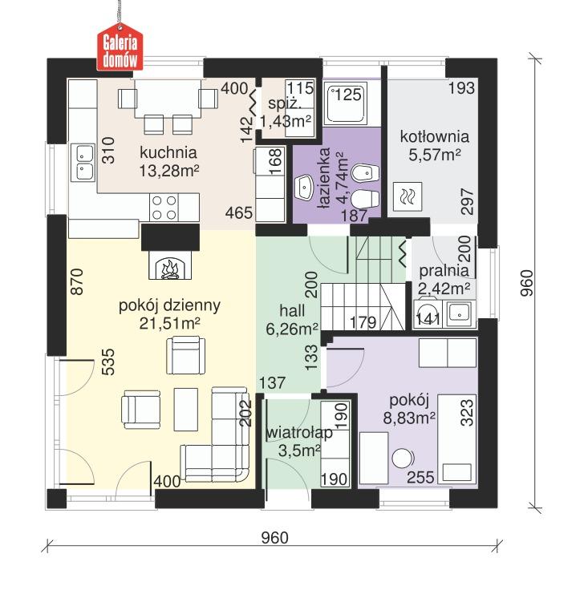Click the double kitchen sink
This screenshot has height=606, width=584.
[83, 161]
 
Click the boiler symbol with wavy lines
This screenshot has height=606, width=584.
[408, 194]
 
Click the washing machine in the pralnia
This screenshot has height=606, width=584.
[428, 313]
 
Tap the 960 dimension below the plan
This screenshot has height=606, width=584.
[275, 538]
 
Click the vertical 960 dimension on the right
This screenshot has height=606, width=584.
[526, 282]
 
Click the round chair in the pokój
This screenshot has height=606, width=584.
[400, 458]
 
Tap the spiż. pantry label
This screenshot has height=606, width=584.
[284, 104]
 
